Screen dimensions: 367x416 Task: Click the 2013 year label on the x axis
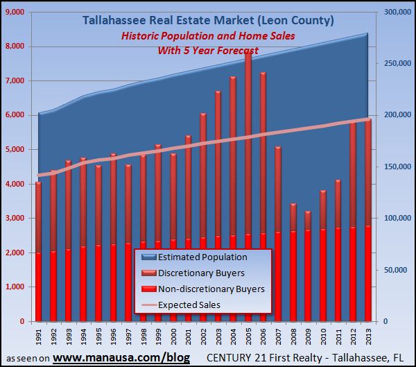point(367,336)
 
